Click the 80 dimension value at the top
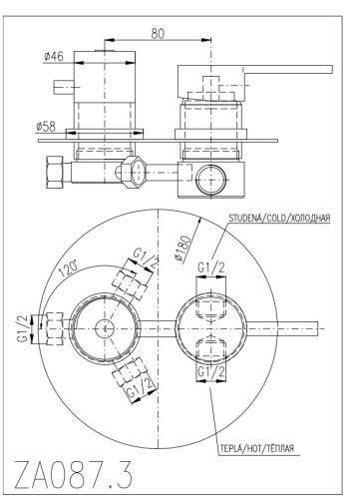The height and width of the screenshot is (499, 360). pyautogui.click(x=158, y=33)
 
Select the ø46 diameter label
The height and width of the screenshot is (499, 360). pyautogui.click(x=54, y=57)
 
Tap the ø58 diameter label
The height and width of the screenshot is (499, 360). pyautogui.click(x=46, y=127)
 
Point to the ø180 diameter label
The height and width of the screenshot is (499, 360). pyautogui.click(x=182, y=248)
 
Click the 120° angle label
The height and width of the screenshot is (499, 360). pyautogui.click(x=69, y=268)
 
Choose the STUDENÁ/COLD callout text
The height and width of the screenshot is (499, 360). pyautogui.click(x=279, y=218)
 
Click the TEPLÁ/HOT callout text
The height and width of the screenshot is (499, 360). pyautogui.click(x=256, y=448)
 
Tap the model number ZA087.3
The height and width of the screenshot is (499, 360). pyautogui.click(x=74, y=474)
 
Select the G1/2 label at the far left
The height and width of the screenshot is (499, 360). pyautogui.click(x=23, y=328)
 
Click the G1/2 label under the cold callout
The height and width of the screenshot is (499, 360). pyautogui.click(x=211, y=267)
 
